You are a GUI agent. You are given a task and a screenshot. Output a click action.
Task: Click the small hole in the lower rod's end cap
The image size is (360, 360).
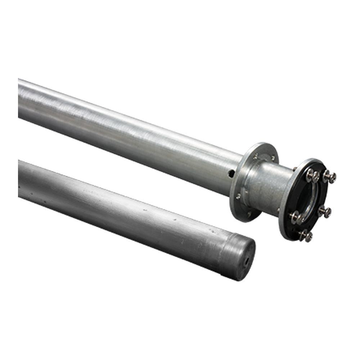point(247,262)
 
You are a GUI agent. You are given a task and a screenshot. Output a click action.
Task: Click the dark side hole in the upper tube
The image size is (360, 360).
point(231,174)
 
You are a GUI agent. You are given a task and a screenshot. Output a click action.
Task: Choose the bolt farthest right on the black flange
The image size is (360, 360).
point(330,177)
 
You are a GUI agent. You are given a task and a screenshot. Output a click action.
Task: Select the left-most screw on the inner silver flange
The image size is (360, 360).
point(238,196)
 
